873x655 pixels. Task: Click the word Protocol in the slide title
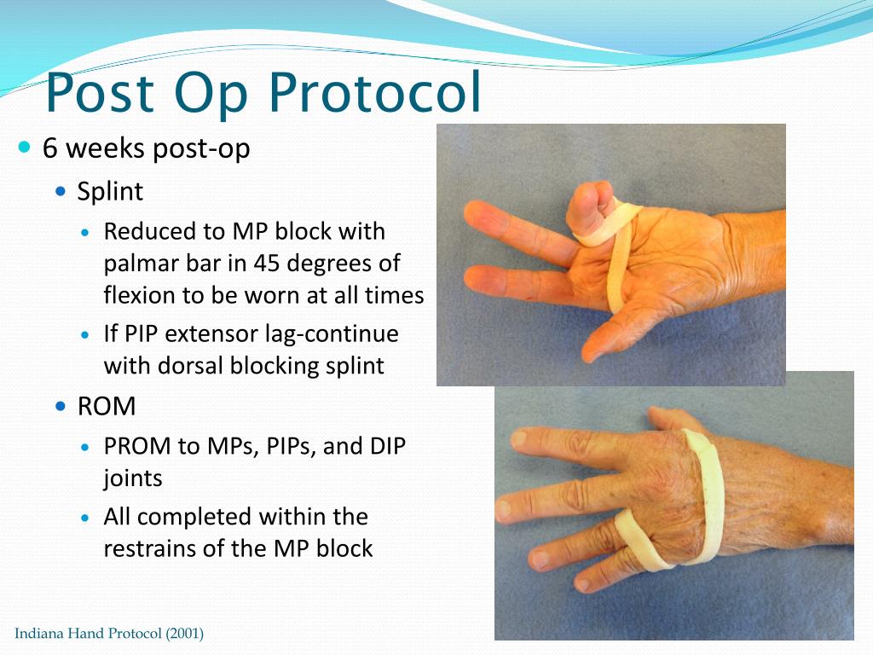[x=375, y=91]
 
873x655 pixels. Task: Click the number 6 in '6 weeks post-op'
[x=50, y=148]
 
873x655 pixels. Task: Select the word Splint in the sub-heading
[x=110, y=192]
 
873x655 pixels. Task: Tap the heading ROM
[x=107, y=406]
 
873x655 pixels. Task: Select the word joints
[x=133, y=479]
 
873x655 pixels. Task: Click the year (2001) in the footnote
[x=184, y=634]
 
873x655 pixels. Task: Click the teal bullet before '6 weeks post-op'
[x=25, y=147]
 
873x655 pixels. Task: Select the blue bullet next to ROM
[x=61, y=406]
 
